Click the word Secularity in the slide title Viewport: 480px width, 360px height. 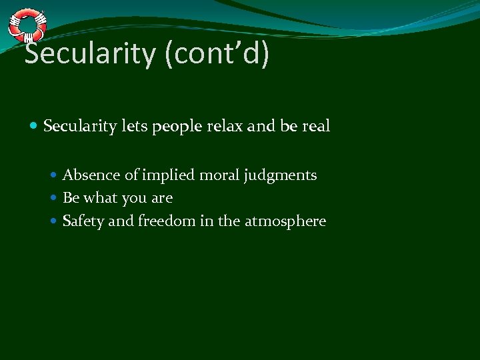point(90,54)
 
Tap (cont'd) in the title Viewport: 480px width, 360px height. point(216,54)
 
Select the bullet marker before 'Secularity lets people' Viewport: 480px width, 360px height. point(34,125)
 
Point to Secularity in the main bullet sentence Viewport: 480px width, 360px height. point(80,126)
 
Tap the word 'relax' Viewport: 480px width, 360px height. point(224,126)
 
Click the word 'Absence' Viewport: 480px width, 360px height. point(91,175)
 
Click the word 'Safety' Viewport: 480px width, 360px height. point(83,221)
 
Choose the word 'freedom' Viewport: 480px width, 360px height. point(167,221)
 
